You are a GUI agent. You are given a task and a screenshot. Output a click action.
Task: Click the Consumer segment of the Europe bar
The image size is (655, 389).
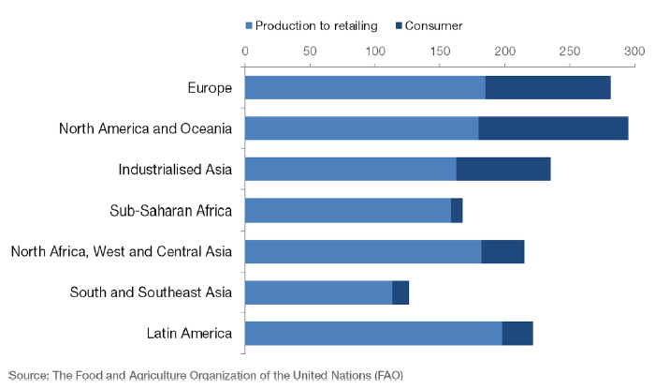pos(548,87)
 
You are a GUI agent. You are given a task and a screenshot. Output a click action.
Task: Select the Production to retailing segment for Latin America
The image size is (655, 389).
pos(374,334)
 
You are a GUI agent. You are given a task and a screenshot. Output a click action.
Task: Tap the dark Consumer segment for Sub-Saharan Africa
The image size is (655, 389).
pos(457,210)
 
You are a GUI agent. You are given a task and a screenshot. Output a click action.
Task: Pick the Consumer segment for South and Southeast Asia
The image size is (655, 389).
pos(400,292)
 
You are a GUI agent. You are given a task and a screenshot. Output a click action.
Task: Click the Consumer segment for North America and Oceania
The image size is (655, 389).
pos(554,128)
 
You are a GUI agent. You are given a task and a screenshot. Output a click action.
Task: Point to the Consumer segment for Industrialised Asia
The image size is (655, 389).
pos(503,169)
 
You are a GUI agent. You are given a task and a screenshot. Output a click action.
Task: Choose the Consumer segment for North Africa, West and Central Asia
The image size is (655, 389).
pos(503,251)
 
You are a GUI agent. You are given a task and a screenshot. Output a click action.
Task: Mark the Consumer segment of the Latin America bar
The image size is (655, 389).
pos(517,334)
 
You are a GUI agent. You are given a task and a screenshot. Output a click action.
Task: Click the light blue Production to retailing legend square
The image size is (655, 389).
pos(249,26)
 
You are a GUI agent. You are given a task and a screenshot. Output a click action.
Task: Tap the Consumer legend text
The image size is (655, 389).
pos(433,26)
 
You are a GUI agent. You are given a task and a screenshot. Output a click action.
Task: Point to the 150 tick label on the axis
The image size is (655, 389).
pos(440,51)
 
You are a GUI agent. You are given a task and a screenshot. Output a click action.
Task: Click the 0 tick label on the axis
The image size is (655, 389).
pos(245,51)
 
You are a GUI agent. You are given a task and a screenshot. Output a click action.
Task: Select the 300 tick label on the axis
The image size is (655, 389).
pos(634,51)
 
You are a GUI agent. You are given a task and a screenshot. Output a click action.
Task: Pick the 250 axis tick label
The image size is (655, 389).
pos(570,51)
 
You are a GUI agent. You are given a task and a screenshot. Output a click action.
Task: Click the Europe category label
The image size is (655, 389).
pos(210,88)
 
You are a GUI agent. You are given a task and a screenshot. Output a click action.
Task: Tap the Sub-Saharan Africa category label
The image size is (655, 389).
pos(171,210)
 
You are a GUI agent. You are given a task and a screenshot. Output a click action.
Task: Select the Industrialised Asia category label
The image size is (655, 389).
pos(175,170)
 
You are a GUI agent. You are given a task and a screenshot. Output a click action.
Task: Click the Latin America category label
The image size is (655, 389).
pos(189,334)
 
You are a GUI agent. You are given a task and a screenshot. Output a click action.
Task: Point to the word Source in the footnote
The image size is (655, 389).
pos(29,376)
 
